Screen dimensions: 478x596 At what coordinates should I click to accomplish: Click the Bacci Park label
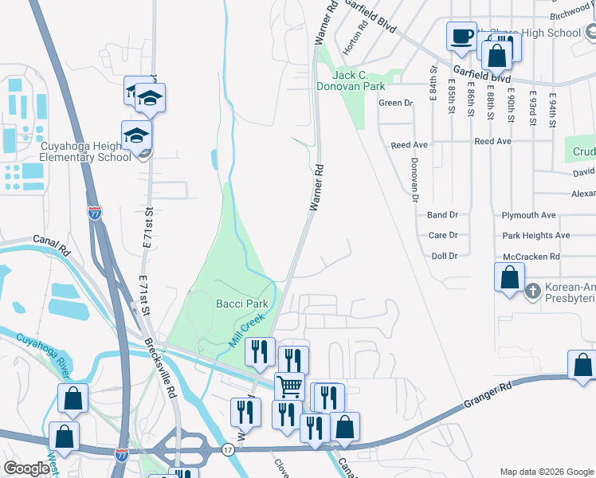pos(241,304)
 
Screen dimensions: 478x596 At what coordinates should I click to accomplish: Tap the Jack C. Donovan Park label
pos(351,80)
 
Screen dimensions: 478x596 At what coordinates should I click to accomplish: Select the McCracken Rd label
pos(531,257)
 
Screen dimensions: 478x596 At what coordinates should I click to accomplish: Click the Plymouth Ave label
pos(528,215)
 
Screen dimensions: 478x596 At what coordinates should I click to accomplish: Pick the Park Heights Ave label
pos(535,236)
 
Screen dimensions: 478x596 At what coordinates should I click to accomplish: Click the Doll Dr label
pos(444,256)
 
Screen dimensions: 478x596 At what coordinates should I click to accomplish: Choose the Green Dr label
pos(396,103)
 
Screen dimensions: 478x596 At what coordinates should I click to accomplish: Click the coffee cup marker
pos(461,36)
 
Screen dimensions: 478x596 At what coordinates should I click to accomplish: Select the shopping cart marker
pos(290,386)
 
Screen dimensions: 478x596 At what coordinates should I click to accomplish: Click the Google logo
pos(27,468)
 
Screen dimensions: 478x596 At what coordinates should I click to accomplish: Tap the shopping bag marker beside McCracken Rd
pos(509,278)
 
